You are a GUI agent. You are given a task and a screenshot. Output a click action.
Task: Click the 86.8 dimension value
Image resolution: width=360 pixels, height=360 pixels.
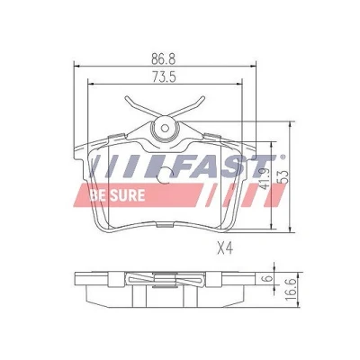(163, 58)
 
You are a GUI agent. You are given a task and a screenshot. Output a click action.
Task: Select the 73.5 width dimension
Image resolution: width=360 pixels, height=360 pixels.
(163, 77)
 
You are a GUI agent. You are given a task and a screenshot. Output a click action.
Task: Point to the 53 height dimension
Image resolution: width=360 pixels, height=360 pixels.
(283, 177)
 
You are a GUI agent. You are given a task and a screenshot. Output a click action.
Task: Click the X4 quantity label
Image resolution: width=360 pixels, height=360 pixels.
(225, 248)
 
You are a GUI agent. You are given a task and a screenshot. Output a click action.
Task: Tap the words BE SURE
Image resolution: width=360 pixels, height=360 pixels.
(117, 195)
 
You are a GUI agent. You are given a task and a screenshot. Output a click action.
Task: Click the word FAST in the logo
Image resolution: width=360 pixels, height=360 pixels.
(223, 166)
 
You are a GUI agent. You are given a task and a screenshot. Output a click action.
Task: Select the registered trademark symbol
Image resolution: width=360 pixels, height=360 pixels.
(283, 157)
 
